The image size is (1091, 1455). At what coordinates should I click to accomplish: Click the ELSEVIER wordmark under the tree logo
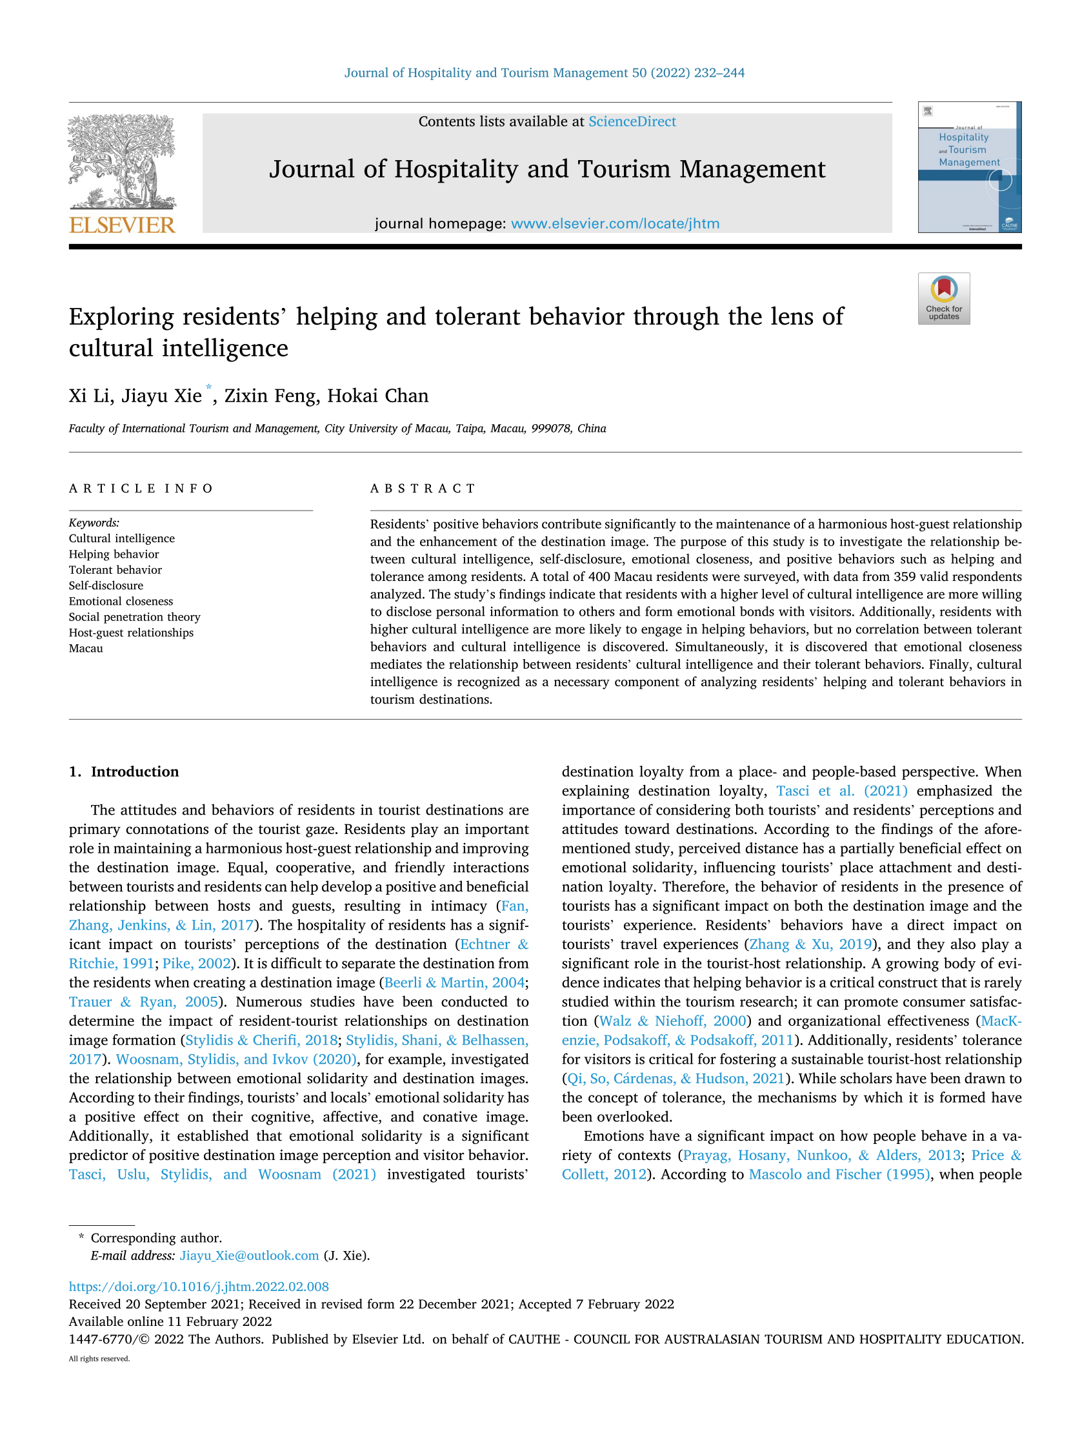tap(122, 225)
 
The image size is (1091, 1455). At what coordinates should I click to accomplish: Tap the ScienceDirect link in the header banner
tap(632, 122)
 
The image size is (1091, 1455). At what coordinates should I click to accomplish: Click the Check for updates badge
tap(943, 299)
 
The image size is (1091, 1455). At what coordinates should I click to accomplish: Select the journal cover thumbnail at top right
tap(968, 167)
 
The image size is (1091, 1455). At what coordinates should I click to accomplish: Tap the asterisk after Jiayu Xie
tap(208, 387)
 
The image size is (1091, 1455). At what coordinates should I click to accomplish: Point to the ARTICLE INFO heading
tap(141, 488)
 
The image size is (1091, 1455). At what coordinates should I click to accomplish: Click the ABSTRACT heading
tap(422, 488)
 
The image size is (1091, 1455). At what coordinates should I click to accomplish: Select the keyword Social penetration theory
tap(134, 617)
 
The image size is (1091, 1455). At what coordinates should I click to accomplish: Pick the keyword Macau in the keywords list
tap(86, 649)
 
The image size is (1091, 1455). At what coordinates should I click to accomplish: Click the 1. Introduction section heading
tap(124, 771)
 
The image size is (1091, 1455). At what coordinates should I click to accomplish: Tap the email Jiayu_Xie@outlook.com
tap(248, 1255)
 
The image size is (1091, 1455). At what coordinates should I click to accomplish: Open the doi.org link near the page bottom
tap(199, 1287)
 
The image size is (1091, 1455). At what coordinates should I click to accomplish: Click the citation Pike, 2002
tap(197, 964)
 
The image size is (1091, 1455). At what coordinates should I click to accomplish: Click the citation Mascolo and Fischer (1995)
tap(839, 1174)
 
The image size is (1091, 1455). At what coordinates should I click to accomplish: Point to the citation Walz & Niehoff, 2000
tap(673, 1021)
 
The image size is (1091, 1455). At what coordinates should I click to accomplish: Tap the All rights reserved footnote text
tap(99, 1359)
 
